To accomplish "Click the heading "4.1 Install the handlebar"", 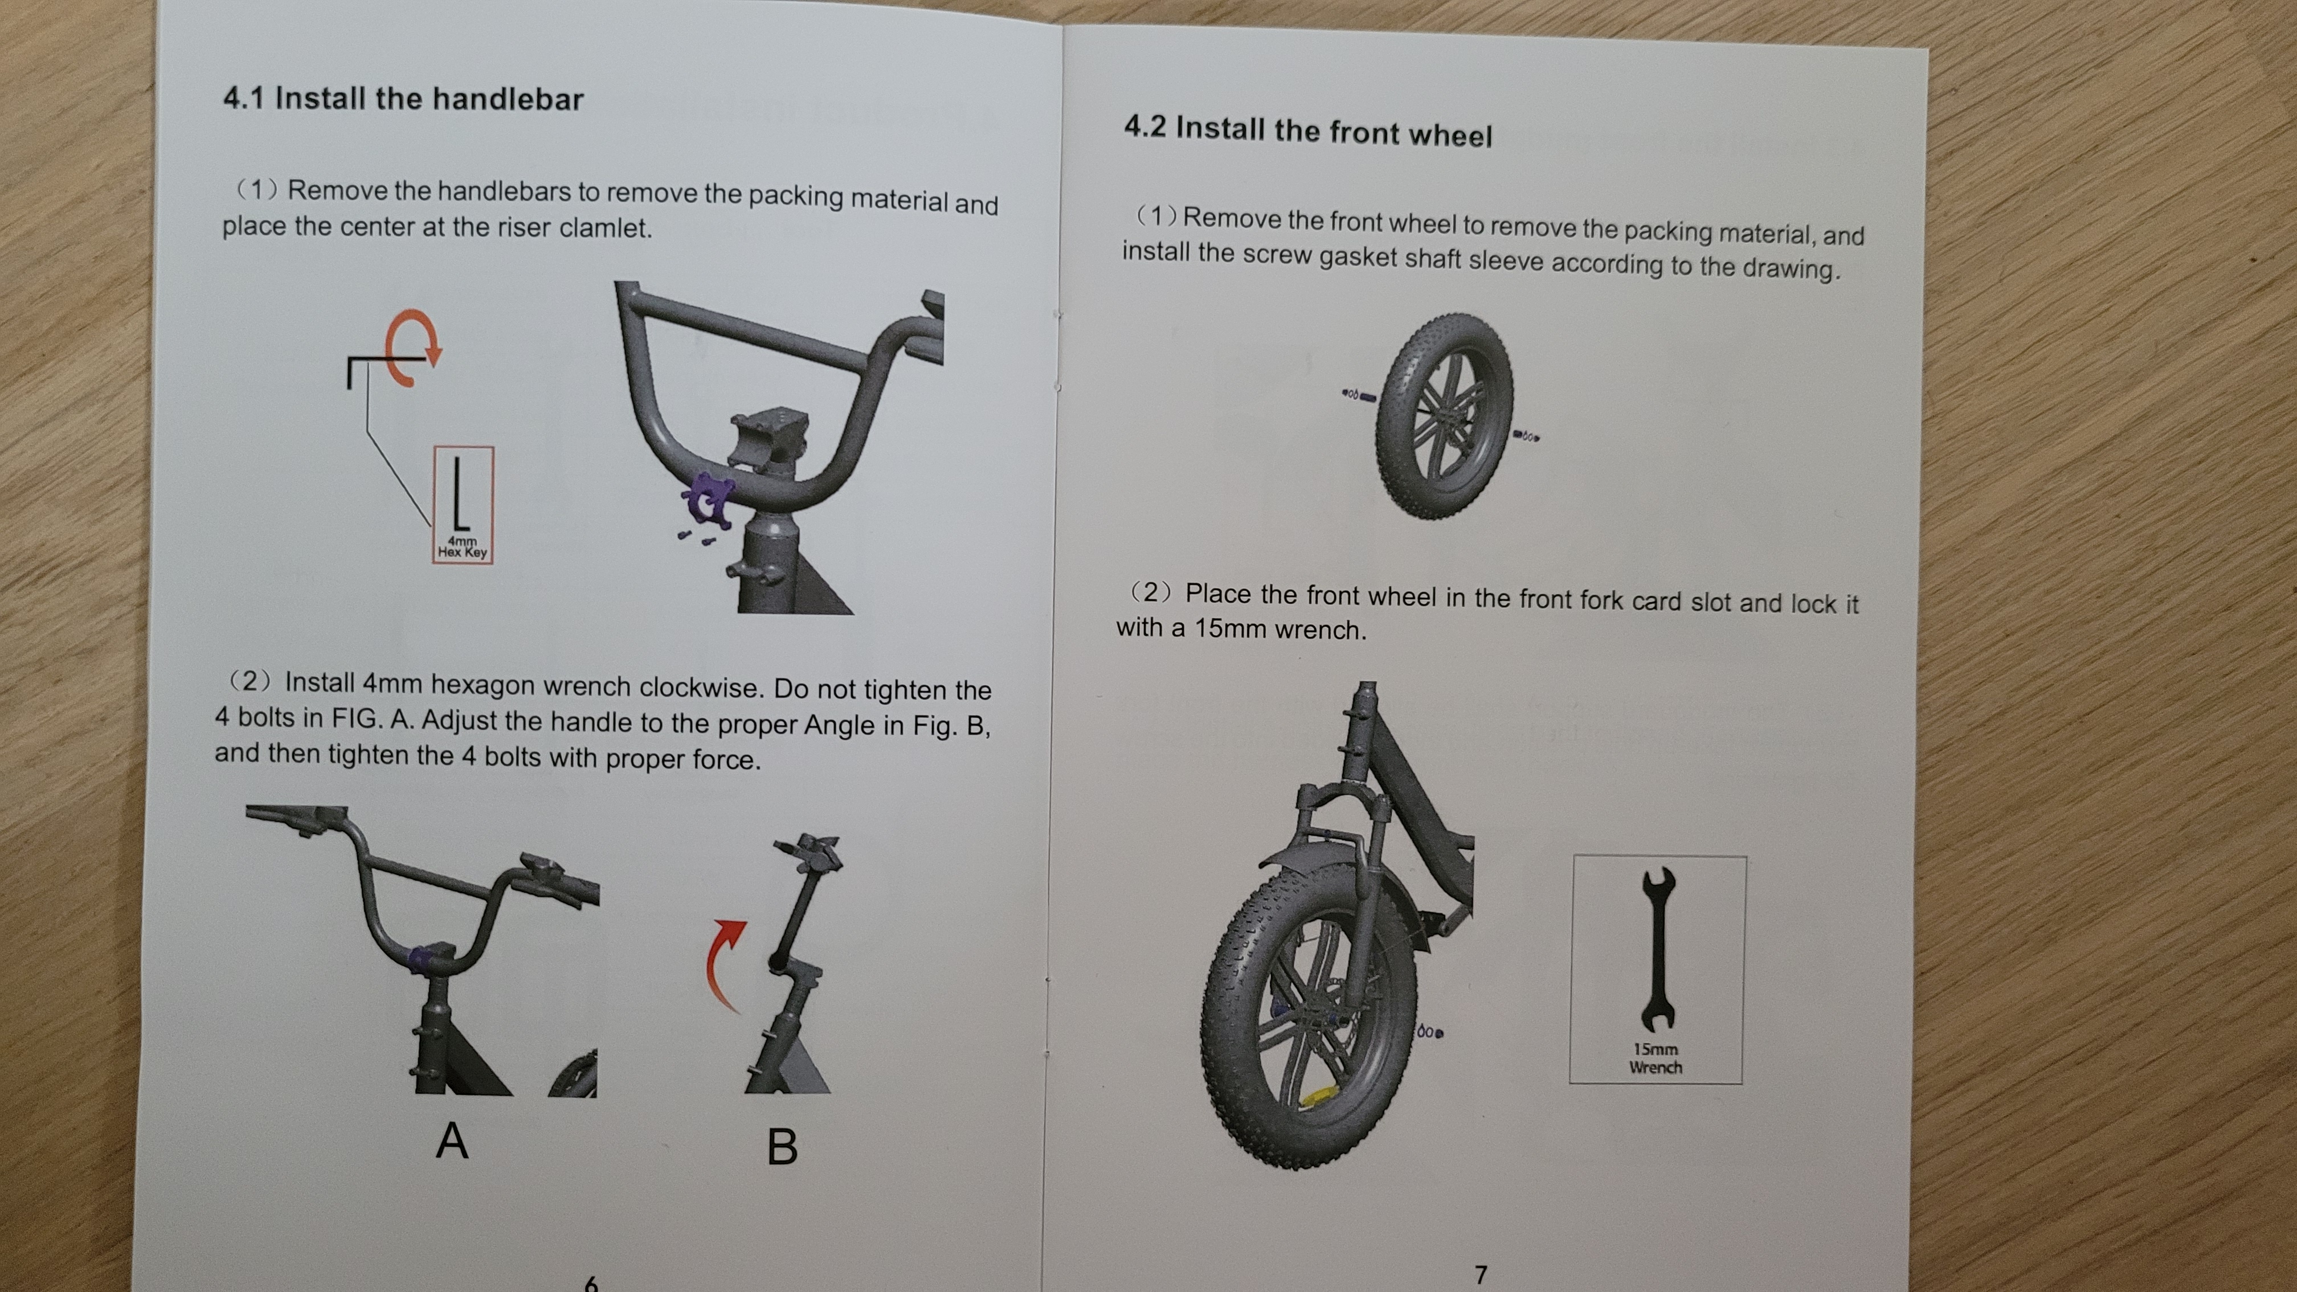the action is click(x=403, y=99).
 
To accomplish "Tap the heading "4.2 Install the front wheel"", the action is click(x=1307, y=131).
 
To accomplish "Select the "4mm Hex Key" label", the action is click(x=462, y=546).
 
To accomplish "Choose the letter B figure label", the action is click(x=782, y=1147).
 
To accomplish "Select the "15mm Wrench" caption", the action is click(x=1656, y=1058).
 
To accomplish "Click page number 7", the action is click(x=1481, y=1275).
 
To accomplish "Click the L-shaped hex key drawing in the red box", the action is click(x=459, y=495).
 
